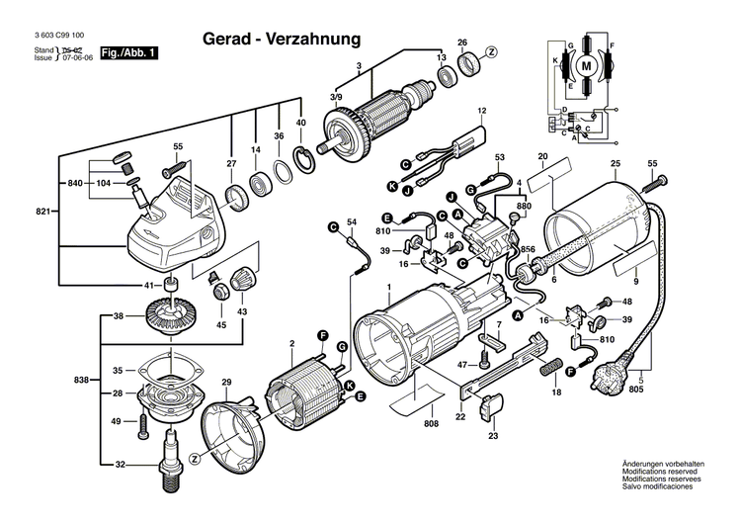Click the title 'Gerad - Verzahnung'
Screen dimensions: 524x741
click(x=282, y=39)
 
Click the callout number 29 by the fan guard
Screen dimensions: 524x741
click(x=226, y=383)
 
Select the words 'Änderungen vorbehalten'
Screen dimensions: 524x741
click(x=662, y=491)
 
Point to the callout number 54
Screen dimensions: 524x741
click(x=351, y=223)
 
